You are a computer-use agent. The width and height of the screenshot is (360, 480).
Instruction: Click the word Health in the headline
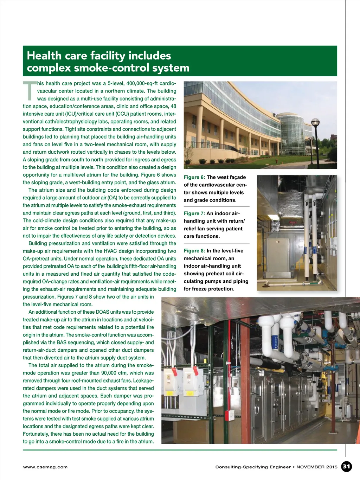coord(44,56)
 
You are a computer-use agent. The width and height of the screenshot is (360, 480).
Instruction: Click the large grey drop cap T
coord(30,90)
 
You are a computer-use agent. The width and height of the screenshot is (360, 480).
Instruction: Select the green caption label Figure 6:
coord(194,177)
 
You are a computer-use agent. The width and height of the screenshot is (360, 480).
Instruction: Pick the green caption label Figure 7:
coord(194,213)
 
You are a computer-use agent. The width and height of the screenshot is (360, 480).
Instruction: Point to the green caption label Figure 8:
coord(194,251)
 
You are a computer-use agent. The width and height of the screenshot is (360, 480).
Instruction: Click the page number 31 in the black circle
coord(347,467)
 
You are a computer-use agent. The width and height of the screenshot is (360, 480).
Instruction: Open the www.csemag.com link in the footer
coord(45,467)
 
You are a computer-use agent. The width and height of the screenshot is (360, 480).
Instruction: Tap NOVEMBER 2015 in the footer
coord(317,467)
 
